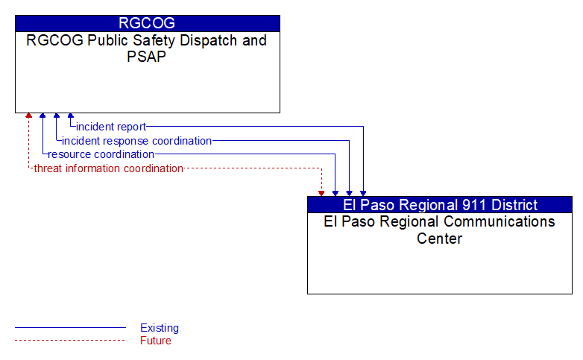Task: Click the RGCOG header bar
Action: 147,23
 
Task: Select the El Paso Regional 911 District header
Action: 439,205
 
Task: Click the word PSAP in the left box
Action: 146,57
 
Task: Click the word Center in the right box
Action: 439,239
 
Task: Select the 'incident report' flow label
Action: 111,127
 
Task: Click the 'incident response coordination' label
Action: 137,141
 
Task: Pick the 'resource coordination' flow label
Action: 101,154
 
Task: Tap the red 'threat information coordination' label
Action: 109,168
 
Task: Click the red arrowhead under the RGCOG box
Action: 28,116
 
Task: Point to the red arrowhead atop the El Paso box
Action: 321,193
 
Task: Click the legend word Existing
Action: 160,328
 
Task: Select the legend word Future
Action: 156,341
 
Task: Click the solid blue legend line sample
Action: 70,328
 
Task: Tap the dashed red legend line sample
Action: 70,341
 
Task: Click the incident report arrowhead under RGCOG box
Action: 71,116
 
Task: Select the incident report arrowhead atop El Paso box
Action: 363,193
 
